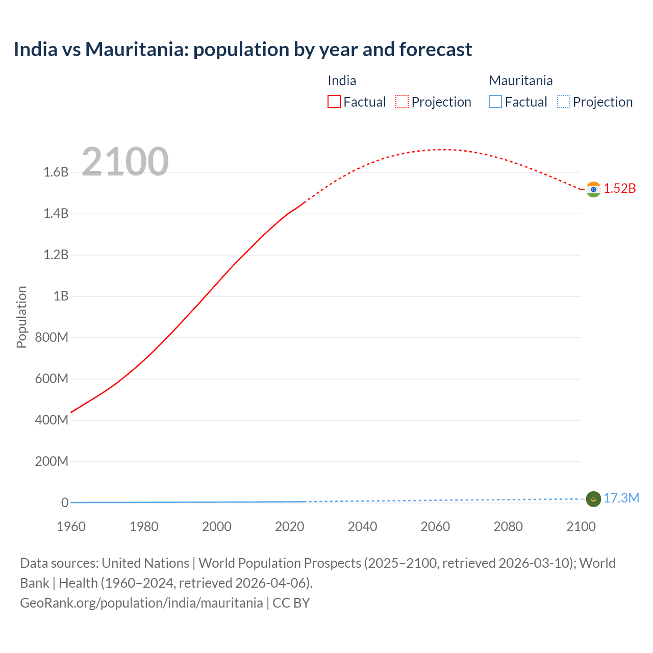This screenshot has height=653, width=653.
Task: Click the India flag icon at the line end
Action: click(x=593, y=189)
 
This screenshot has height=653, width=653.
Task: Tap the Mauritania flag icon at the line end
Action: click(x=593, y=499)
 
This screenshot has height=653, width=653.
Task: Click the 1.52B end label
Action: click(x=620, y=189)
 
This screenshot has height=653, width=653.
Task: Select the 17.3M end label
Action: click(x=621, y=498)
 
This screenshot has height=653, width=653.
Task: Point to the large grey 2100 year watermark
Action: click(x=125, y=162)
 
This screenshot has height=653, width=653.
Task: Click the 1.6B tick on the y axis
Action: click(x=56, y=172)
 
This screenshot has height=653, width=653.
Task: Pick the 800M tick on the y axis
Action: click(x=52, y=338)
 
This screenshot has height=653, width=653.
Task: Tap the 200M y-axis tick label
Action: click(x=52, y=462)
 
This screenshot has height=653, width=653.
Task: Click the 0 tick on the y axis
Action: click(x=65, y=503)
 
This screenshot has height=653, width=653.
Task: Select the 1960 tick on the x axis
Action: click(x=71, y=526)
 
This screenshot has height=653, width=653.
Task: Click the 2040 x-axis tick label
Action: click(x=362, y=526)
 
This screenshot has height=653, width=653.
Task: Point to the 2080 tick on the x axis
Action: click(x=508, y=526)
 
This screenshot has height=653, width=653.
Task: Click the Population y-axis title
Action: click(x=21, y=317)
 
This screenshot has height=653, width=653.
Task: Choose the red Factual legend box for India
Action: click(x=334, y=102)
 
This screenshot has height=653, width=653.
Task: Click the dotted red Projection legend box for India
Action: click(x=402, y=102)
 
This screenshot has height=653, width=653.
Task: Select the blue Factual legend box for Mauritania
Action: click(x=495, y=102)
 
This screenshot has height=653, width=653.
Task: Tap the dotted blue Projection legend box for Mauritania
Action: click(x=563, y=102)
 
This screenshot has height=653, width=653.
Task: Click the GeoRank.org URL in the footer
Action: click(x=141, y=603)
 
